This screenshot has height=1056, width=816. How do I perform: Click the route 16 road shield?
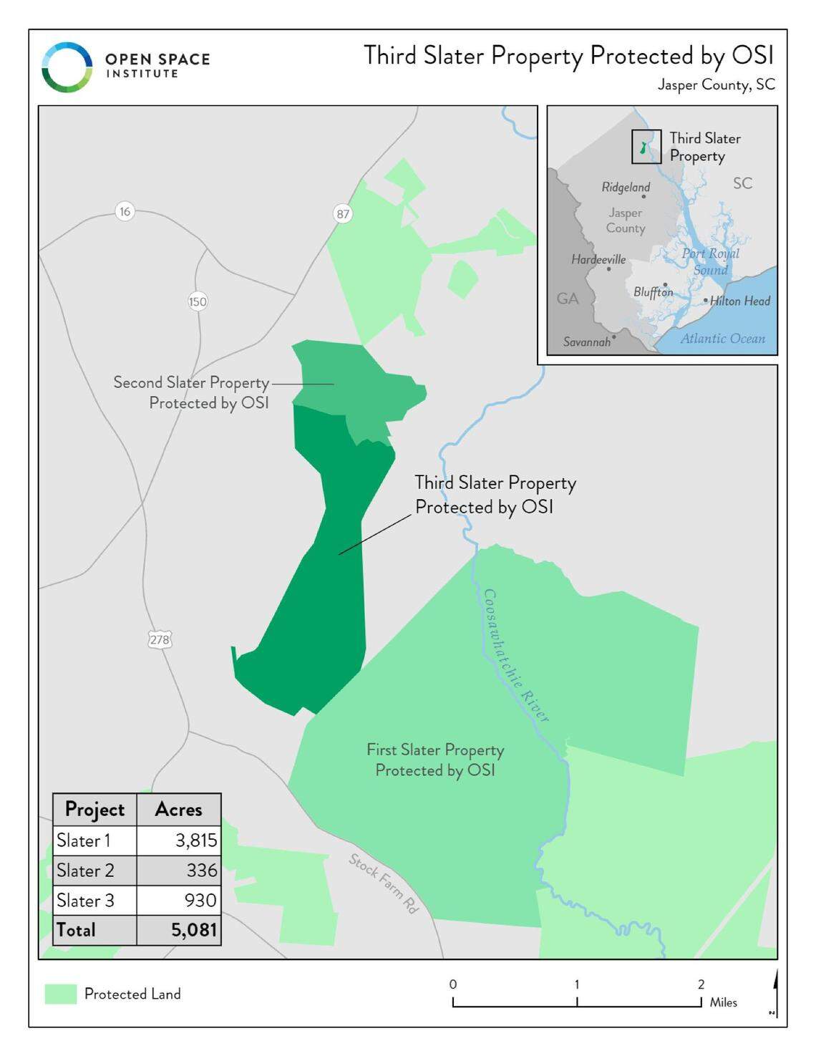[x=125, y=211]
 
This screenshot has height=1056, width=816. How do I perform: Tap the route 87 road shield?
[x=343, y=213]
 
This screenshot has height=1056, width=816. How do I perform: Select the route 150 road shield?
[x=198, y=301]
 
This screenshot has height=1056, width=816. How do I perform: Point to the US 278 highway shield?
[x=159, y=639]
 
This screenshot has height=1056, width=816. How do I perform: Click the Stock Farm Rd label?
[x=384, y=883]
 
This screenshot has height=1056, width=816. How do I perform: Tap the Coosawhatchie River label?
[x=515, y=656]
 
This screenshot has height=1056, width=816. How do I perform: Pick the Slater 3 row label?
[x=85, y=900]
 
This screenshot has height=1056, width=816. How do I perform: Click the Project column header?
[x=94, y=809]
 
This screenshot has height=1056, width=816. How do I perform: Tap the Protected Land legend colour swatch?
[x=61, y=994]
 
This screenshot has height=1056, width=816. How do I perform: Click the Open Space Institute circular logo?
[x=67, y=67]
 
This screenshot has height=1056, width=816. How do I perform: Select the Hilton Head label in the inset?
[x=739, y=301]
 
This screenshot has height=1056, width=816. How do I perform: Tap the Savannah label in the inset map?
[x=586, y=341]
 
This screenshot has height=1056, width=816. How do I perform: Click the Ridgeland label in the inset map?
[x=626, y=187]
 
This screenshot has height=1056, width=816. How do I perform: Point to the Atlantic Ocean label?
[x=722, y=339]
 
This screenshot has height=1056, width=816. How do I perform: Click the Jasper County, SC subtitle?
[x=716, y=84]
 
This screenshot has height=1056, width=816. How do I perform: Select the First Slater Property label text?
[x=435, y=760]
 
